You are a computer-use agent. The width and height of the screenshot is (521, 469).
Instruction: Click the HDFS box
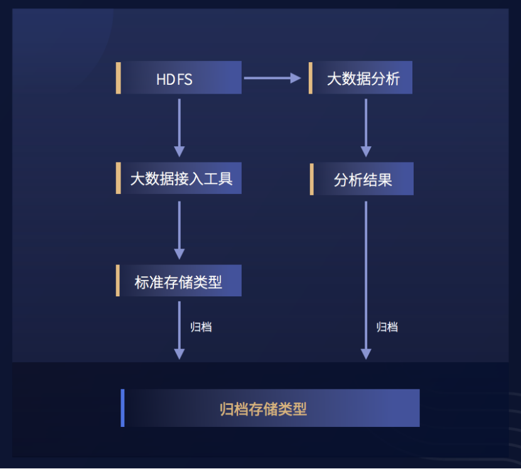pos(179,78)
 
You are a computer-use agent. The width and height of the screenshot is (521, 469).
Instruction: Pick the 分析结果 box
pos(363,179)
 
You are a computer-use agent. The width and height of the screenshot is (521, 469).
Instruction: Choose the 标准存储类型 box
pos(180,281)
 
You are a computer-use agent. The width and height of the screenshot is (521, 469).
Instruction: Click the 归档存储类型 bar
pos(270,408)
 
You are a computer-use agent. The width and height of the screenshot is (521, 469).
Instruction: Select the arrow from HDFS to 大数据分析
pos(272,78)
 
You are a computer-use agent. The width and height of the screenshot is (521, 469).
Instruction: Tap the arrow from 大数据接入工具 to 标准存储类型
pos(180,229)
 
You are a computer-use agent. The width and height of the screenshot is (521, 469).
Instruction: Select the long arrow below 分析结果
pos(366,279)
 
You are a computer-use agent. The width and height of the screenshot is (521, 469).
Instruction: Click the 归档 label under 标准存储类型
pos(201,327)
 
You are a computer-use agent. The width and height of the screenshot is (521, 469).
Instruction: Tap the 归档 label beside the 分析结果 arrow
pos(387,327)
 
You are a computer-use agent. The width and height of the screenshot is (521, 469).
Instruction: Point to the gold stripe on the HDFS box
pos(118,78)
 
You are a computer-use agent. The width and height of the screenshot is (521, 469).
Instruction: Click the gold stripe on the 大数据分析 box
pos(310,78)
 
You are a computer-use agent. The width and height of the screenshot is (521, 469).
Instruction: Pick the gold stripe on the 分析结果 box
pos(311,179)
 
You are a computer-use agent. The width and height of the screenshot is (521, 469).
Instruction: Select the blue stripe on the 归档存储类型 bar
pos(122,408)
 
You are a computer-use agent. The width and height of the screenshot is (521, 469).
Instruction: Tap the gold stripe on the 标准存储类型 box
pos(118,281)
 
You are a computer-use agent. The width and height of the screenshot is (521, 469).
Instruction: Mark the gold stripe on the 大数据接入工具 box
pos(118,178)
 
